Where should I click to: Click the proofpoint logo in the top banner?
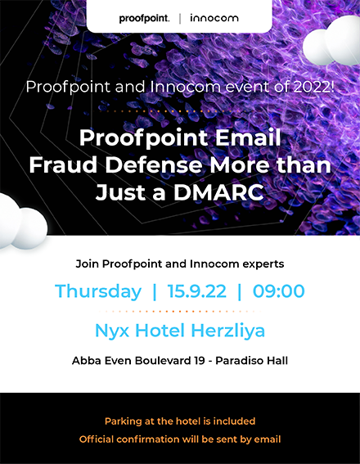[144, 19]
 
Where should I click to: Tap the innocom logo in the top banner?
[214, 18]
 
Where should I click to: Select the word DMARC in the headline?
[218, 192]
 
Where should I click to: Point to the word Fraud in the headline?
[63, 164]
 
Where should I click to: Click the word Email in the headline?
[248, 137]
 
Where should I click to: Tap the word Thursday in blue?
[98, 291]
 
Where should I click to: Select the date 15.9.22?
[196, 291]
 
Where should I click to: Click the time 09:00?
[278, 291]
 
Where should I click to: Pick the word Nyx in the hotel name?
[112, 331]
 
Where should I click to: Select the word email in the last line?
[269, 439]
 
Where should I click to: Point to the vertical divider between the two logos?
[180, 19]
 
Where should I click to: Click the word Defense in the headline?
[154, 164]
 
